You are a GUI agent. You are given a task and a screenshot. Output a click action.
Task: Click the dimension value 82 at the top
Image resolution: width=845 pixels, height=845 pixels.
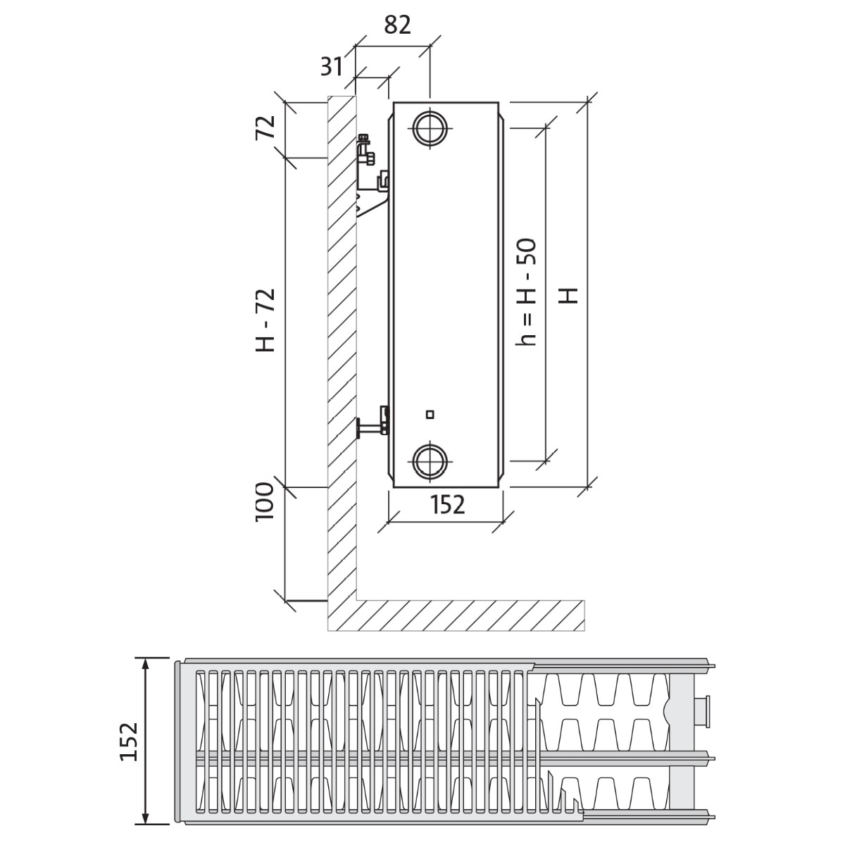tap(397, 25)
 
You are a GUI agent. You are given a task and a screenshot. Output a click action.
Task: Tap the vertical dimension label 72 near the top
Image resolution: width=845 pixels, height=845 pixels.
tap(265, 127)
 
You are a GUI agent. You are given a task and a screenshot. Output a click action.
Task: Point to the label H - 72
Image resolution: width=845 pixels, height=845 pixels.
tap(265, 320)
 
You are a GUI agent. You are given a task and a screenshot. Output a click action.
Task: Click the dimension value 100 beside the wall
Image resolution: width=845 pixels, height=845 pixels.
tap(265, 501)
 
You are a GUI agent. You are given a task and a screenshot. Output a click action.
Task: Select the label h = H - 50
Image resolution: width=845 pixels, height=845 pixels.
tap(526, 292)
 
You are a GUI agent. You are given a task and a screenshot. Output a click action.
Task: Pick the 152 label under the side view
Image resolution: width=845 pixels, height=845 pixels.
tap(447, 504)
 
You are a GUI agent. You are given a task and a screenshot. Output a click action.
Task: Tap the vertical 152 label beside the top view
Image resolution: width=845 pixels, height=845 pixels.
tap(129, 741)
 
